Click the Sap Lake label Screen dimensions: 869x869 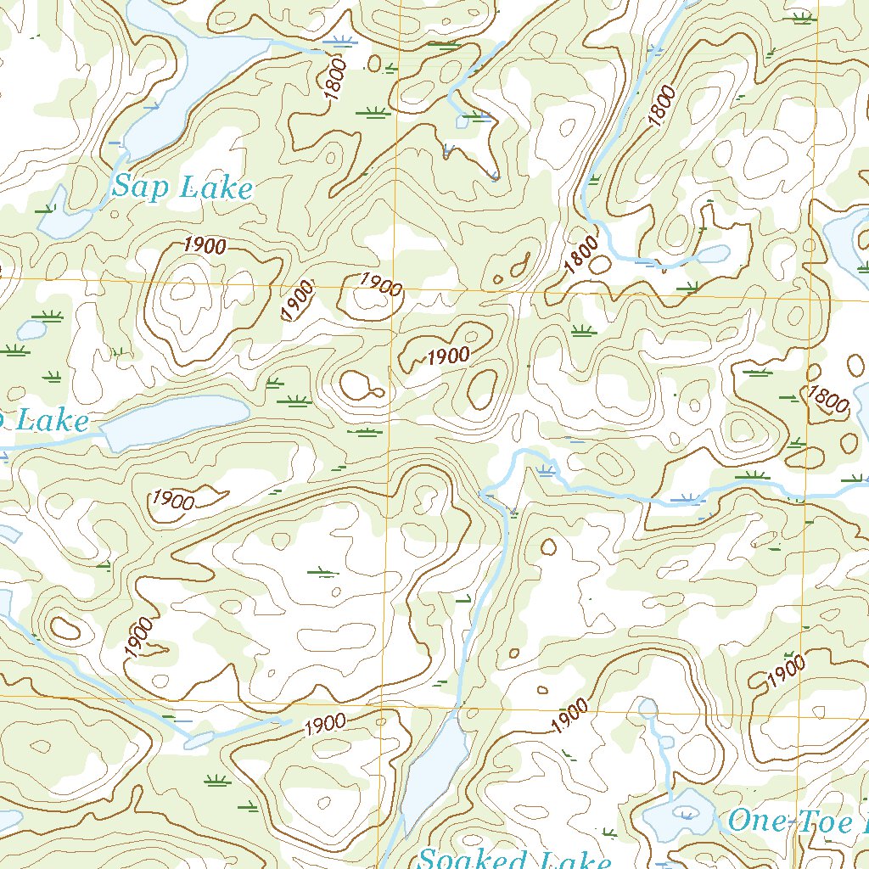[x=182, y=187]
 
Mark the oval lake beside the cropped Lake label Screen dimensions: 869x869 [x=174, y=422]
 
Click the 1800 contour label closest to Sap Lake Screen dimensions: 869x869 [x=336, y=78]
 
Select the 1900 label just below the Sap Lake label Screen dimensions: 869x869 [x=204, y=245]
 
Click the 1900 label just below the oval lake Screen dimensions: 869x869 [x=173, y=500]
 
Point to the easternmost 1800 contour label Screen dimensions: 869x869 [x=827, y=399]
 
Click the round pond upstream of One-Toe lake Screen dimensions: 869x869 [x=648, y=707]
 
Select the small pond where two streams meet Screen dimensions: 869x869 [x=462, y=122]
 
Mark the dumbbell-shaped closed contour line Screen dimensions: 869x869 [x=362, y=387]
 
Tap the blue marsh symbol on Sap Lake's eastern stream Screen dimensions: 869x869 [x=339, y=41]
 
